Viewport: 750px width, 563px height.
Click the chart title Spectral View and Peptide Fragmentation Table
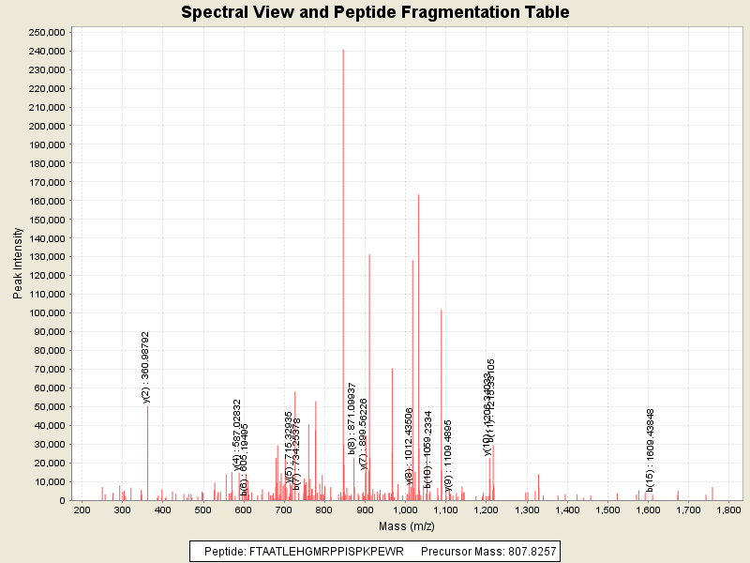coord(375,12)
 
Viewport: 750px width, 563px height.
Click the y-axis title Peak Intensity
coord(18,266)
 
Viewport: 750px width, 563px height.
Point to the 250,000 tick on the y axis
coord(45,32)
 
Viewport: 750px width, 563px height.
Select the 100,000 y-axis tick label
coord(45,312)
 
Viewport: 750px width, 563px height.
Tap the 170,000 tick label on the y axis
coord(45,182)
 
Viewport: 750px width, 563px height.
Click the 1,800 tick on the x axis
coord(728,510)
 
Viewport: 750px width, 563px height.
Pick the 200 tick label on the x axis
coord(82,510)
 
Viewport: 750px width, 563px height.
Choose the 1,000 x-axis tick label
coord(405,510)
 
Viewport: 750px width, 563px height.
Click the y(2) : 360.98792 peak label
coord(145,367)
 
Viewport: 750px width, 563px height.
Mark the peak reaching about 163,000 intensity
coord(418,195)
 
